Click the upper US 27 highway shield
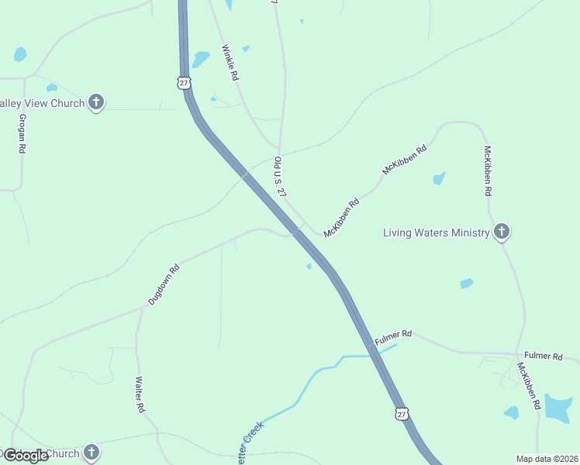pyautogui.click(x=184, y=82)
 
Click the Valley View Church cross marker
pyautogui.click(x=96, y=102)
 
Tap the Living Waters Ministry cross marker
pyautogui.click(x=502, y=231)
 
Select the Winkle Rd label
pyautogui.click(x=230, y=63)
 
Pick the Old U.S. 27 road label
pyautogui.click(x=281, y=177)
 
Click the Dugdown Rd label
pyautogui.click(x=164, y=283)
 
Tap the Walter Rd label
pyautogui.click(x=140, y=394)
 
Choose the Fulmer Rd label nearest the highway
pyautogui.click(x=393, y=338)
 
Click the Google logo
pyautogui.click(x=26, y=456)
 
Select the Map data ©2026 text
pyautogui.click(x=547, y=459)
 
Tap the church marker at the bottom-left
pyautogui.click(x=91, y=453)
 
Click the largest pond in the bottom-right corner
pyautogui.click(x=558, y=408)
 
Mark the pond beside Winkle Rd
pyautogui.click(x=201, y=60)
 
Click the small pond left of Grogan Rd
pyautogui.click(x=19, y=54)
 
